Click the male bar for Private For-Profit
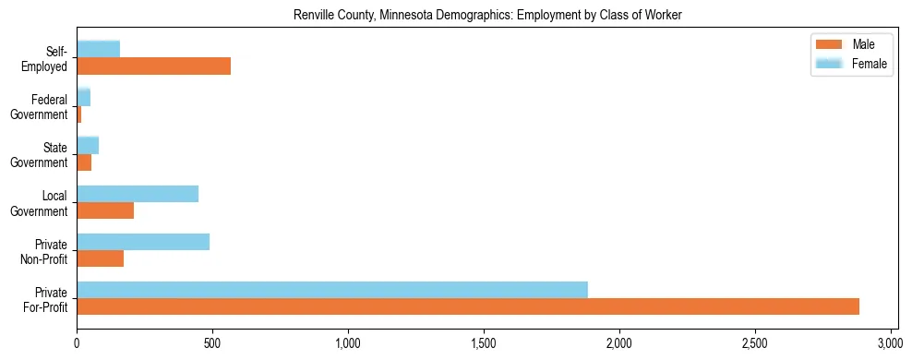467,306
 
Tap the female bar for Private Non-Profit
143,242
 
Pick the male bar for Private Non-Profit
100,258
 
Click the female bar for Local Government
138,194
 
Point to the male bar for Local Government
105,210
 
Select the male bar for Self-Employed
153,66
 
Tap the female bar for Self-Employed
98,49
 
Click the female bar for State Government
88,145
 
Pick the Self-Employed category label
49,58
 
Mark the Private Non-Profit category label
49,251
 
